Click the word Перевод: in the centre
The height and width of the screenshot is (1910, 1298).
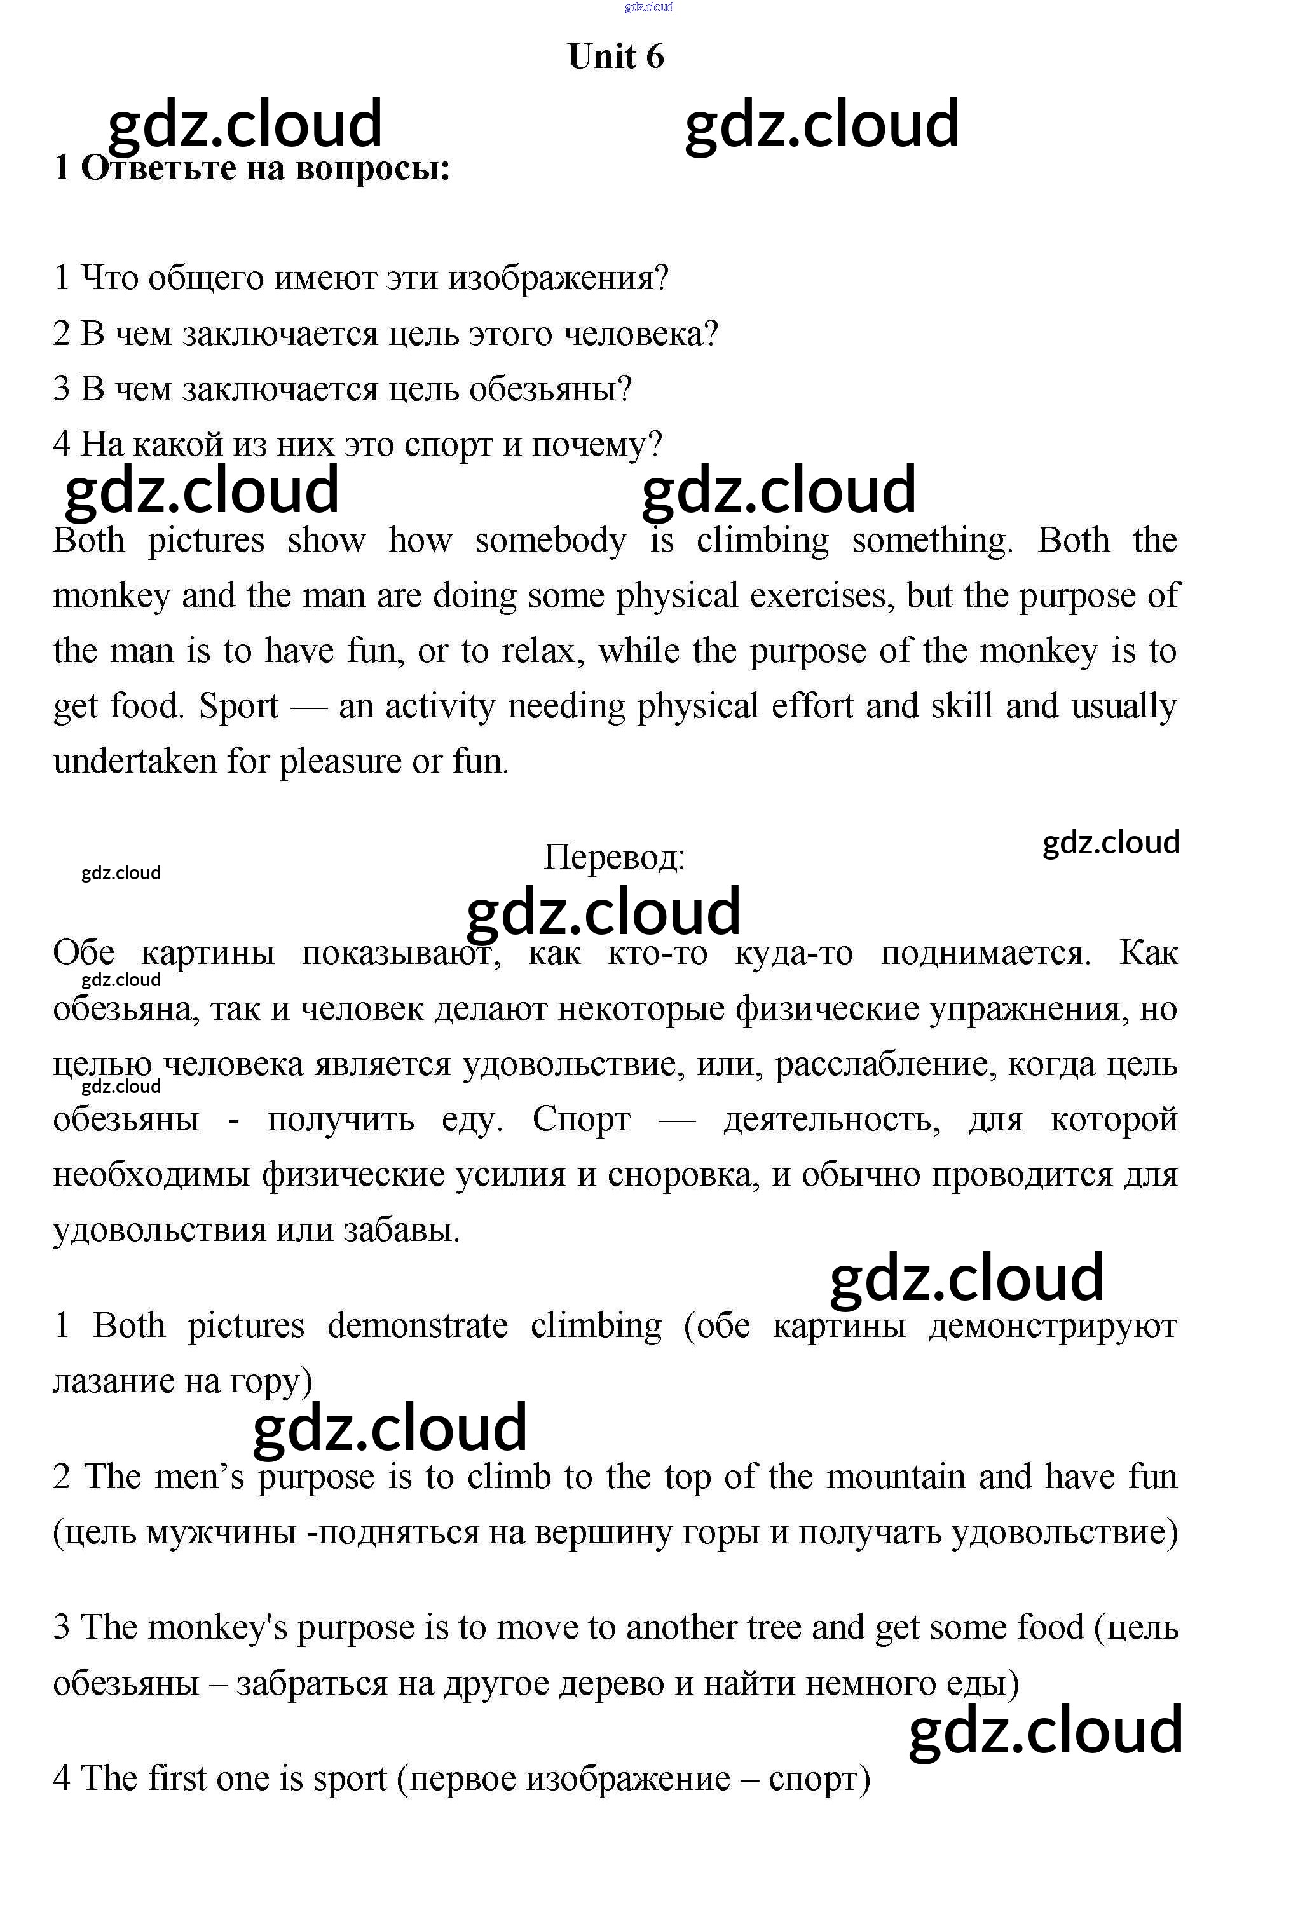[614, 857]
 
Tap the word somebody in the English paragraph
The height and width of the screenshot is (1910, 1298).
[550, 541]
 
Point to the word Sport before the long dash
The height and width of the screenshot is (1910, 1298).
[238, 706]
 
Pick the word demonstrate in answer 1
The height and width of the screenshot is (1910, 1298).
[417, 1325]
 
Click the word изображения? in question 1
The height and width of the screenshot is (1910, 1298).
[558, 278]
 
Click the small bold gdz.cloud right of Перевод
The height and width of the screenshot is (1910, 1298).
[1110, 843]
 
